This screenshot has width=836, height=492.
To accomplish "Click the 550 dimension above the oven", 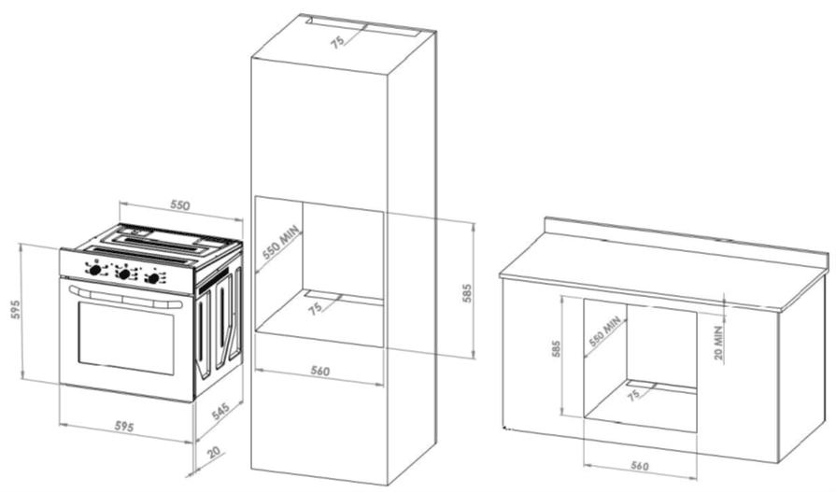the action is tap(179, 204).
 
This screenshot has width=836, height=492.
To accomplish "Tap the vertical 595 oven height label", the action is tap(16, 310).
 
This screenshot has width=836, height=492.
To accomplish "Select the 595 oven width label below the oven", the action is tap(124, 427).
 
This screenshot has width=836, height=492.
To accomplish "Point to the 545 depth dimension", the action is tap(220, 411).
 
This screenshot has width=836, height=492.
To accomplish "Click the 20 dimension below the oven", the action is tap(214, 453).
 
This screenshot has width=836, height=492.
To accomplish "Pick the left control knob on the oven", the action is tap(95, 270).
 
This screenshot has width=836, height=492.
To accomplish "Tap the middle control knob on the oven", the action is tap(124, 274).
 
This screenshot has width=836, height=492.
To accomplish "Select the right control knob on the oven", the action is tap(153, 277).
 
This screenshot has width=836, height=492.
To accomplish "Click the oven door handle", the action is tap(125, 298).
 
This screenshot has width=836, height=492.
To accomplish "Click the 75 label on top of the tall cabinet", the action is tap(337, 42).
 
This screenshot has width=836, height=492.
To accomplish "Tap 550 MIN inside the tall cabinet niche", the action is tap(282, 243).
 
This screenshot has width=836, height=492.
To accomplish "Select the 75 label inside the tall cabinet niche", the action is tap(315, 308).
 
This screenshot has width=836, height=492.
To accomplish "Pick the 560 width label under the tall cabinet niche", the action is tap(319, 371).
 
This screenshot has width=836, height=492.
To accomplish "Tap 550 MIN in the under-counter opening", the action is tap(604, 331).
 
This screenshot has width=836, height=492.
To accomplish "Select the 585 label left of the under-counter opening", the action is tap(556, 348).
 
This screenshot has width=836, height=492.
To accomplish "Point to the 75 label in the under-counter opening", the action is tap(633, 395).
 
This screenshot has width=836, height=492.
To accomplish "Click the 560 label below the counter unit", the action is tap(640, 465).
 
